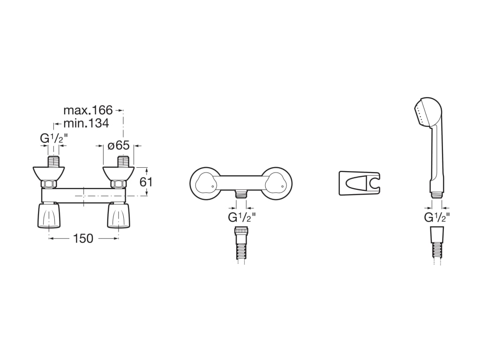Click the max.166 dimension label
(x=88, y=110)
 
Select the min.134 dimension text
(x=86, y=123)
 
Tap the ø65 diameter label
(x=119, y=145)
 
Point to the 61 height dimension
(x=146, y=182)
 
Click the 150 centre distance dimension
(x=83, y=239)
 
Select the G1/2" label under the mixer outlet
(x=242, y=217)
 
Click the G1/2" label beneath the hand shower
(x=437, y=217)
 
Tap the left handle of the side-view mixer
(x=49, y=215)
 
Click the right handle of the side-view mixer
(x=119, y=215)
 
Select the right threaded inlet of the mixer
(x=124, y=162)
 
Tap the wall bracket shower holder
(x=360, y=183)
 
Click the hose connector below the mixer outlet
(x=242, y=242)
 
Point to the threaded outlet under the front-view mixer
(x=242, y=194)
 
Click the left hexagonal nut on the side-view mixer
(x=49, y=184)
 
